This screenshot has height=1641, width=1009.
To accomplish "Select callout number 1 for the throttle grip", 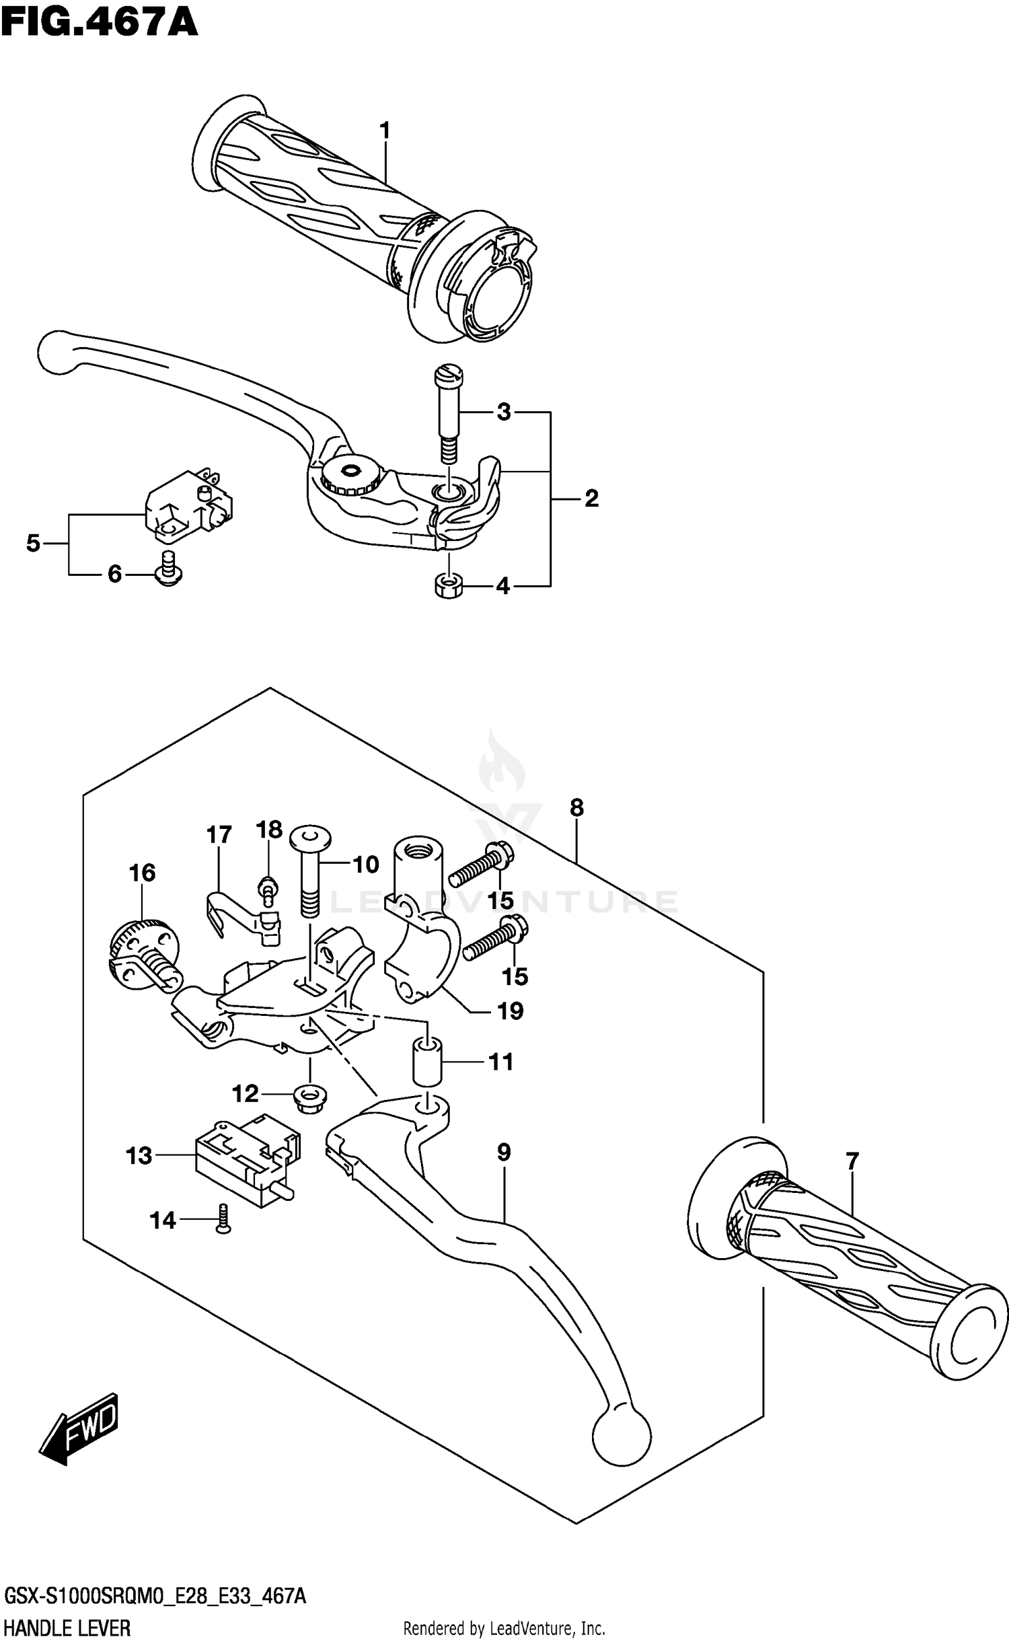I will click(385, 130).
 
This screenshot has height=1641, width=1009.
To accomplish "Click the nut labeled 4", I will click(447, 586).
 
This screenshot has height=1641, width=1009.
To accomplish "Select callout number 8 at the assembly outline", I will click(576, 807).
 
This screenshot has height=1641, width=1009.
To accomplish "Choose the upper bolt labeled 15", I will click(480, 868).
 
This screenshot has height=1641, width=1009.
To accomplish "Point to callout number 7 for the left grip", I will click(852, 1161).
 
